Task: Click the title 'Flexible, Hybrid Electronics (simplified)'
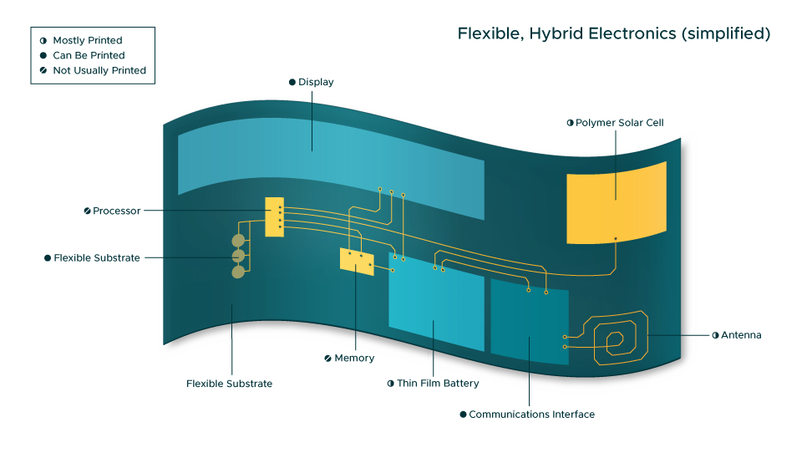click(x=613, y=34)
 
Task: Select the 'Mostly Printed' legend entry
click(x=87, y=40)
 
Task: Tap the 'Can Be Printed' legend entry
click(x=88, y=55)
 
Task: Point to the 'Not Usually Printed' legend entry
click(x=99, y=70)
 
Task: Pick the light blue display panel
click(x=331, y=163)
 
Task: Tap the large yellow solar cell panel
click(x=616, y=201)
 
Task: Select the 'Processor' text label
click(x=116, y=211)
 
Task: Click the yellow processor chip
click(x=274, y=217)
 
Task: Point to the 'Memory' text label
click(x=353, y=358)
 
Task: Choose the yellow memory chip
click(x=357, y=261)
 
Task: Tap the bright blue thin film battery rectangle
click(x=436, y=310)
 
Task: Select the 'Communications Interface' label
click(x=531, y=414)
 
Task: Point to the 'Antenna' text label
click(x=741, y=335)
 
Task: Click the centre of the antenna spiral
click(x=615, y=339)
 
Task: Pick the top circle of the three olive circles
click(x=238, y=241)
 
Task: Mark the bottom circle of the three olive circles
click(x=238, y=271)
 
